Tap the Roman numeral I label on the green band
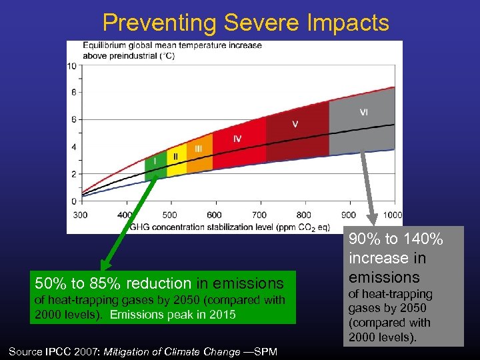point(155,160)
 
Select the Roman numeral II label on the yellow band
point(176,155)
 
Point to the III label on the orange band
point(198,149)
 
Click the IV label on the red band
point(237,138)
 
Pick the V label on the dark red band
point(295,124)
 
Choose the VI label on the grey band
point(363,112)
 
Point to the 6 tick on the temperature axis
point(73,119)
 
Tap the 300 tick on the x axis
point(80,215)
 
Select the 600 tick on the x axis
point(214,215)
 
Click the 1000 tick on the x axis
point(393,215)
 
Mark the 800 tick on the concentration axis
point(303,215)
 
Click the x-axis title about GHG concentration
point(230,227)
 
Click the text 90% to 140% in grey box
point(396,239)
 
